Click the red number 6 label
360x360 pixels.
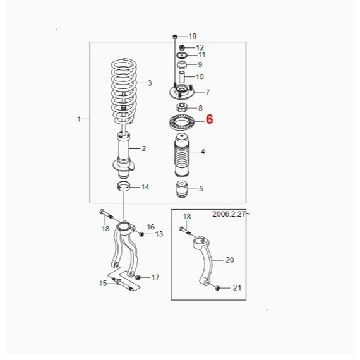click(210, 119)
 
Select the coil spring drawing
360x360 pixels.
click(124, 91)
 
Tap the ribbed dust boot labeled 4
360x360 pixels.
click(182, 155)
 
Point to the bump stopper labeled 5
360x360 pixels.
click(182, 189)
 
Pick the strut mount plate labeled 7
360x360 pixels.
click(182, 92)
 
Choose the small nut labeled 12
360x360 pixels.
click(182, 48)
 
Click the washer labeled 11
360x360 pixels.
click(182, 56)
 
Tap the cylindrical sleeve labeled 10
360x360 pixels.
click(182, 77)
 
